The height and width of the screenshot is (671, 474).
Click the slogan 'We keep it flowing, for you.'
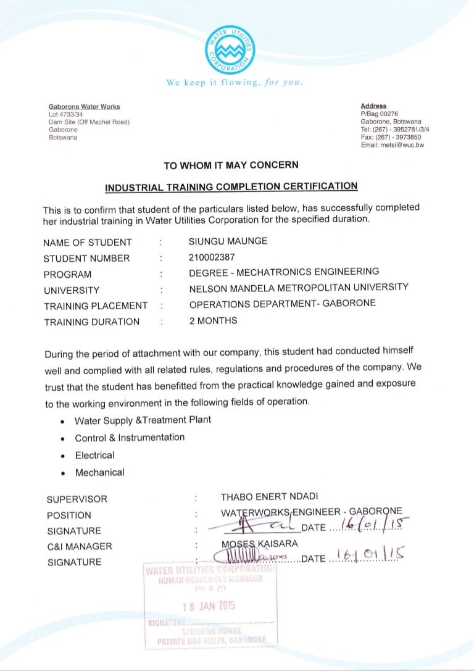click(235, 82)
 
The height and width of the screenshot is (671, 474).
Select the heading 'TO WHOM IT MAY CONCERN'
click(231, 165)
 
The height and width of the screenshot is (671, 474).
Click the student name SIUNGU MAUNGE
click(228, 241)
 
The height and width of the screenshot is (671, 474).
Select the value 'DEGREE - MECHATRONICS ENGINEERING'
click(284, 272)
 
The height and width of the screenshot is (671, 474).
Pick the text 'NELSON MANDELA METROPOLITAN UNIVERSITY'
click(299, 288)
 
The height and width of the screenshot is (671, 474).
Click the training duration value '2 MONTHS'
click(213, 320)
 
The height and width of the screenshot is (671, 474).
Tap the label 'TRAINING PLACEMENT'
click(96, 306)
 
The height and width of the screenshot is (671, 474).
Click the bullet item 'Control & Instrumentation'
click(130, 438)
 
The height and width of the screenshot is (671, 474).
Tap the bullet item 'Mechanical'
click(99, 473)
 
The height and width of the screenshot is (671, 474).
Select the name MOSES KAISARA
click(259, 544)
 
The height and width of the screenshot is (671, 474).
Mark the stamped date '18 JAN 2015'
click(210, 606)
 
